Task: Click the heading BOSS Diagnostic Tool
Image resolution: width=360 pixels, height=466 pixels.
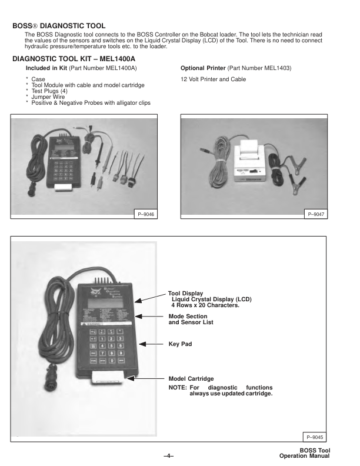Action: (59, 26)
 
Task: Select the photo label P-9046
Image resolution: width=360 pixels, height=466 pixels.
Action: (146, 214)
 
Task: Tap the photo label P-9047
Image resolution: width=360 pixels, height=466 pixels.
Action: (316, 214)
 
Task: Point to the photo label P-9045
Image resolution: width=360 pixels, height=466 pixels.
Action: (315, 437)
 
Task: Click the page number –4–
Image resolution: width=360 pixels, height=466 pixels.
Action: (169, 455)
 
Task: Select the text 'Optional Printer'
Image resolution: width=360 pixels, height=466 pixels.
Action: (203, 68)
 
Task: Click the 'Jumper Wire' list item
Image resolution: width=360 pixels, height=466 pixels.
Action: (48, 97)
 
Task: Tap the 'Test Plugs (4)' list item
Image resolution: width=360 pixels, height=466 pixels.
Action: (49, 91)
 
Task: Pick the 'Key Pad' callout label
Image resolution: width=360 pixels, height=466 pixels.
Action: (181, 344)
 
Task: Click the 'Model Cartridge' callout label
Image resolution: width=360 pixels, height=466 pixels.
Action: (191, 379)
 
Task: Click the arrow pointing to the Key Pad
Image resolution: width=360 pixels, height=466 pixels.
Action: (151, 344)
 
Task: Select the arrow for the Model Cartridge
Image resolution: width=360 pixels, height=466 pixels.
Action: (145, 378)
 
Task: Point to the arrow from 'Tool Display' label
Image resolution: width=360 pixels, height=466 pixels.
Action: (150, 298)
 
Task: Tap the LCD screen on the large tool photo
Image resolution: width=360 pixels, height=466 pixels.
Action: (105, 303)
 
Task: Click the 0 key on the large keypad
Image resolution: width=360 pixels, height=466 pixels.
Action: (112, 361)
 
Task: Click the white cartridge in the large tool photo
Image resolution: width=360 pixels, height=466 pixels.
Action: (107, 377)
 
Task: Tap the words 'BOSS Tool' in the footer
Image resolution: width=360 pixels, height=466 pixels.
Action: (315, 451)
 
